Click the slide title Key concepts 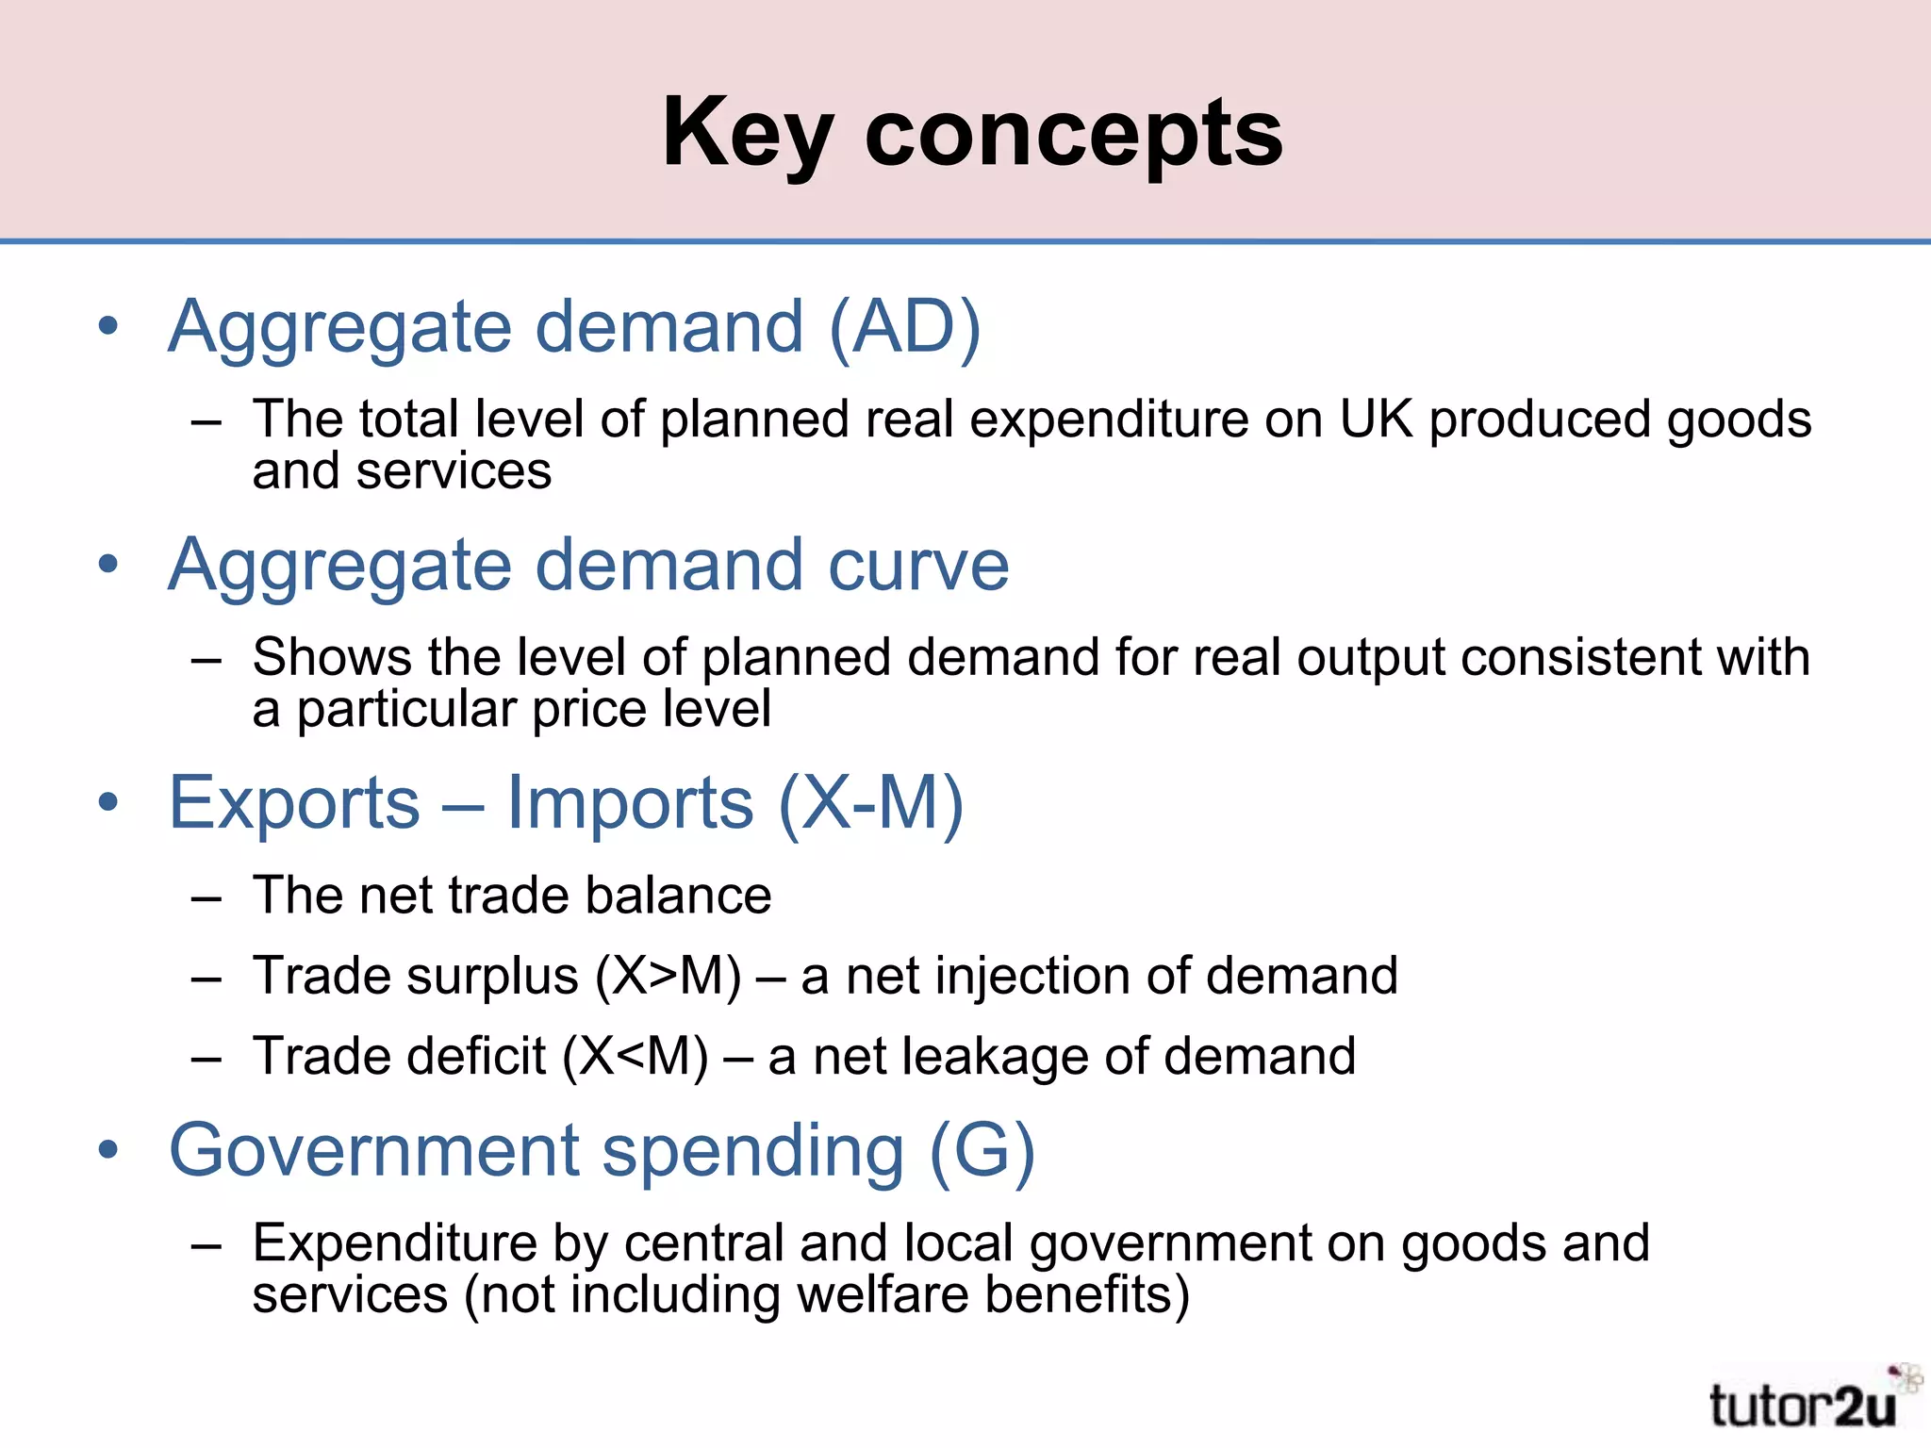972,134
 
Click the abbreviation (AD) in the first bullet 905,327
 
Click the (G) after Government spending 982,1151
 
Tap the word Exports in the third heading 294,803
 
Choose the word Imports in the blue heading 630,803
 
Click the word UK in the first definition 1376,419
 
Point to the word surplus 494,976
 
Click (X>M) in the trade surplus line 668,976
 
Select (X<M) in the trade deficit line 635,1056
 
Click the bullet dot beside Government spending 109,1150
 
